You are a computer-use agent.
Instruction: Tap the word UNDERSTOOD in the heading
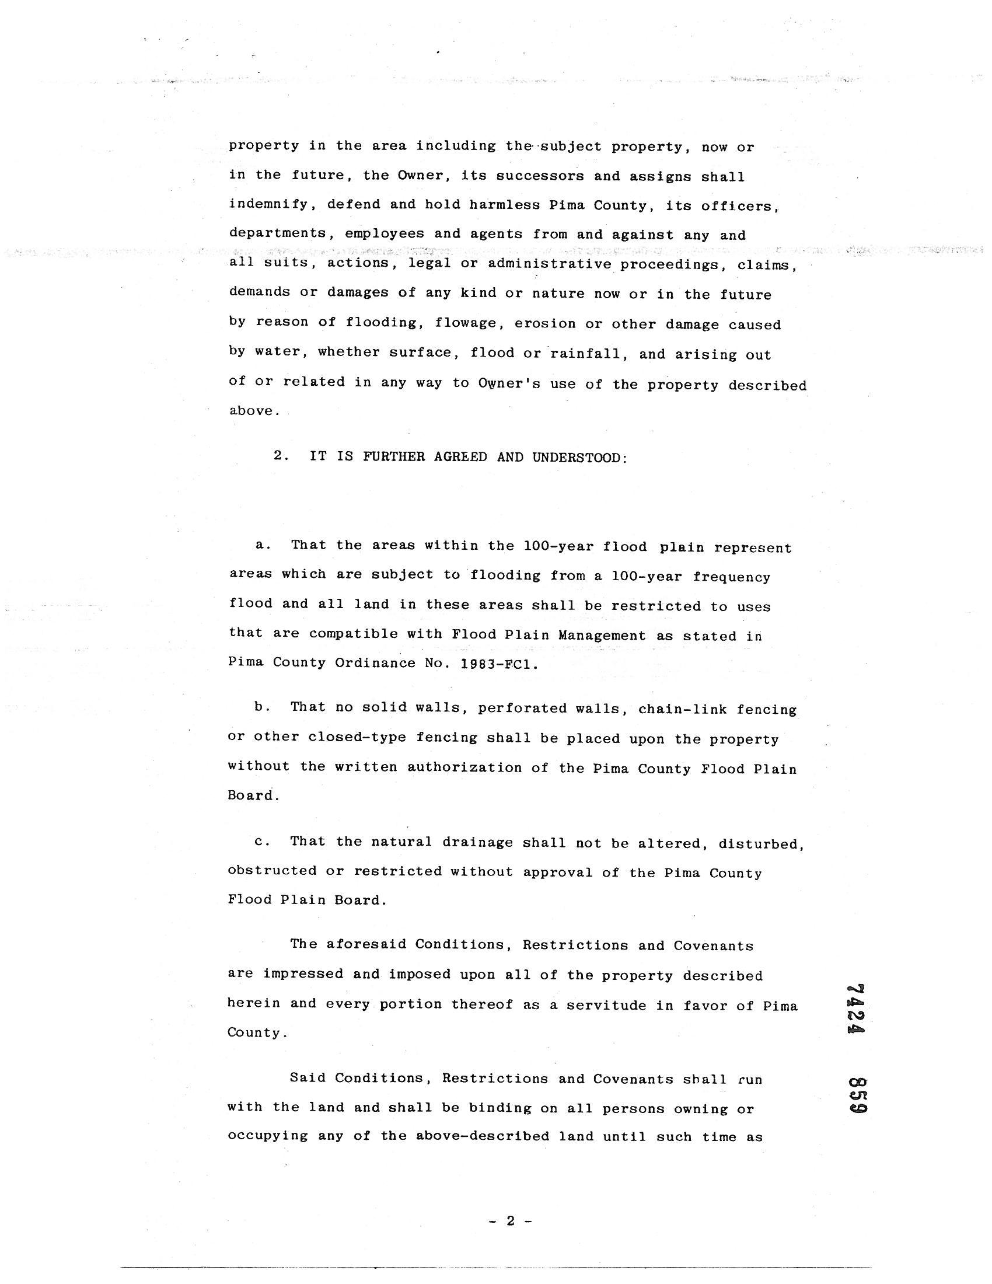click(x=578, y=457)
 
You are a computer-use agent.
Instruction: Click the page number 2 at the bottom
click(x=510, y=1221)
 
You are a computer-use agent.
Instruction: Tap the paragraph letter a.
click(x=261, y=545)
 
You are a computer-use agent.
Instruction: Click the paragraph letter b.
click(x=261, y=707)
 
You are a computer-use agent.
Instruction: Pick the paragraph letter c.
click(x=261, y=842)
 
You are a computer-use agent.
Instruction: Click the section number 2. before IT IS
click(x=280, y=456)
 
